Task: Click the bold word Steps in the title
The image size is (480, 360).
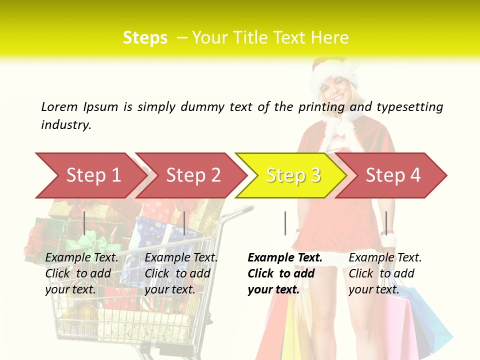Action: coord(145,38)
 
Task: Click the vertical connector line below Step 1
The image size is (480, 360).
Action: coord(84,223)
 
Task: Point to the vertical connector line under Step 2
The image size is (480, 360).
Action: coord(184,223)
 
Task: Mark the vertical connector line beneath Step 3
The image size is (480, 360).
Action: coord(285,223)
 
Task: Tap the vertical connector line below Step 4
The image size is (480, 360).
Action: coord(386,223)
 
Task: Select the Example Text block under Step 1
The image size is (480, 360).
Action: coord(81,273)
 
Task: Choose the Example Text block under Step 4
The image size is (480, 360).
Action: coord(385,273)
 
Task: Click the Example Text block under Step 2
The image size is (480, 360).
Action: coord(181,273)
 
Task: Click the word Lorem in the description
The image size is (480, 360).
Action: coord(59,106)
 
